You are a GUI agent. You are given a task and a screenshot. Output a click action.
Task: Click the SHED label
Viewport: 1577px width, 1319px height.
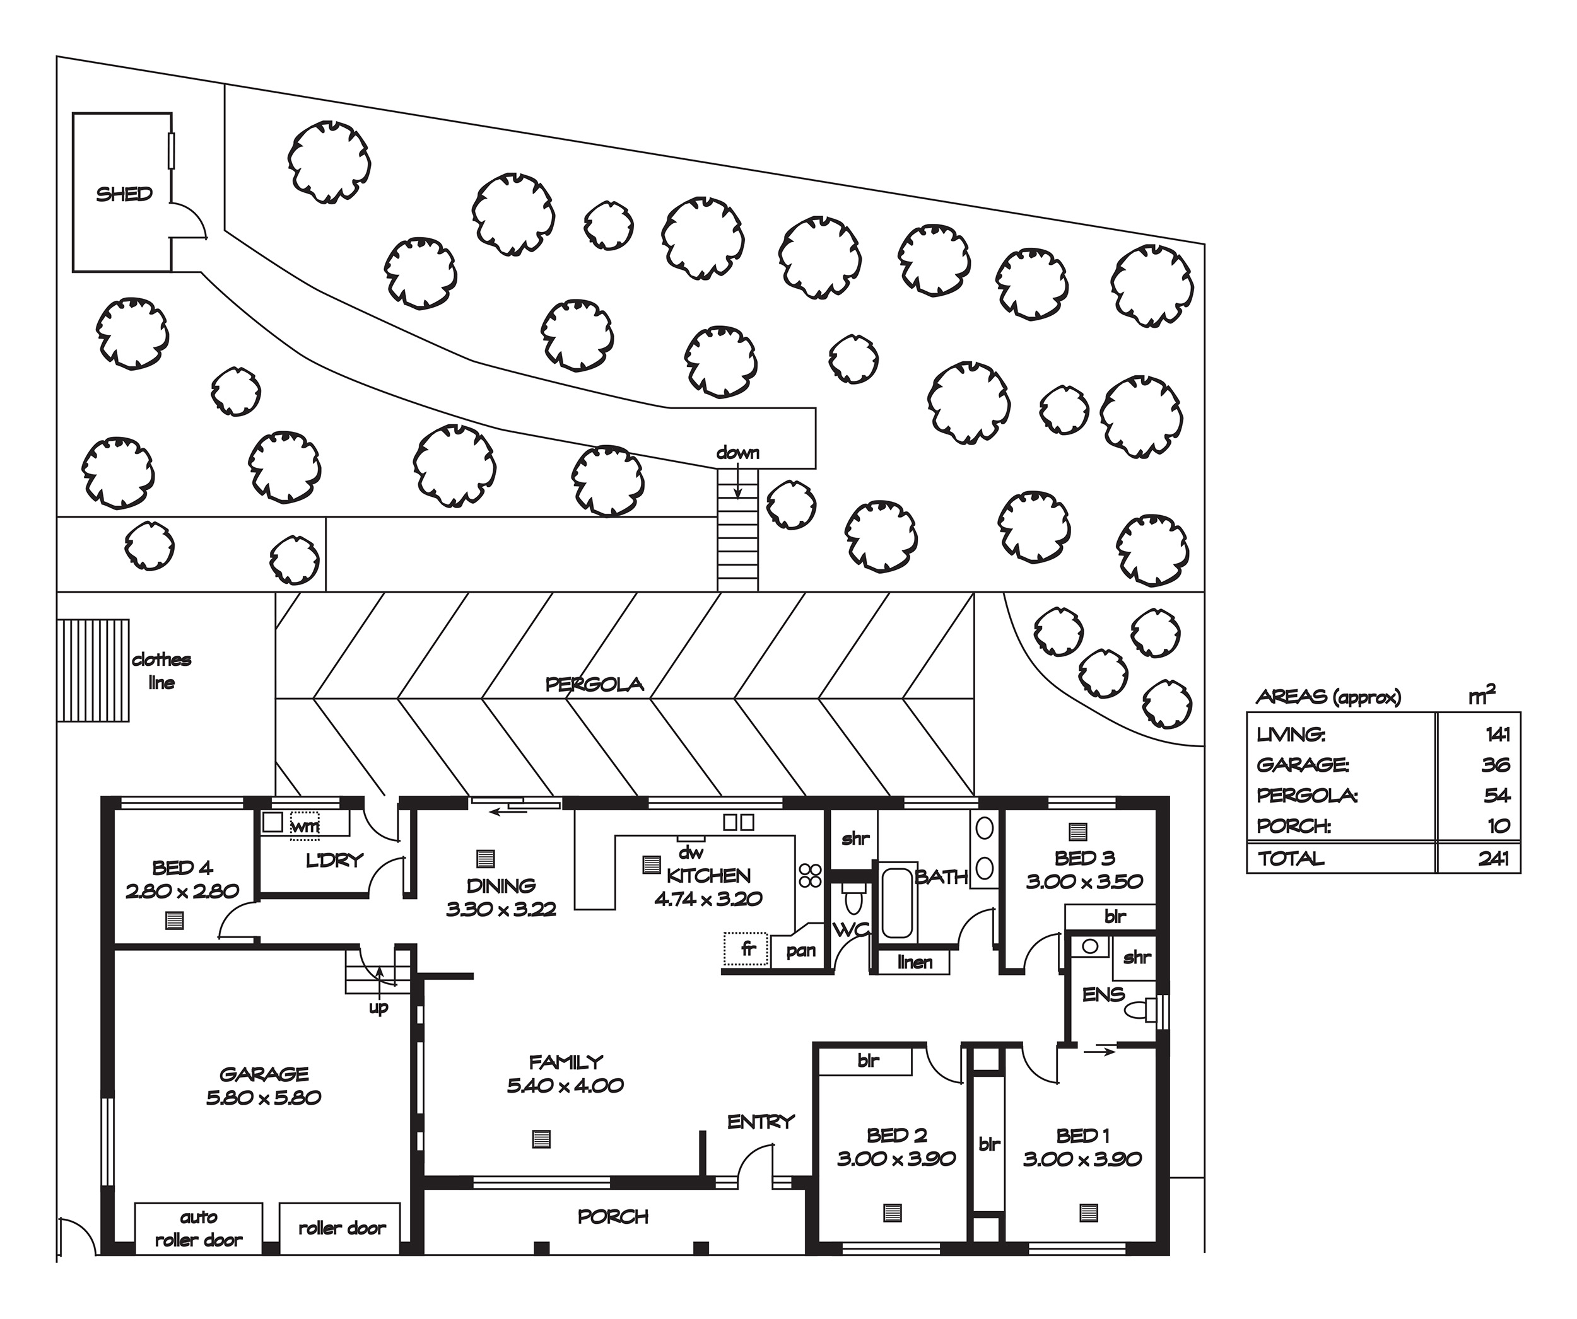pos(124,194)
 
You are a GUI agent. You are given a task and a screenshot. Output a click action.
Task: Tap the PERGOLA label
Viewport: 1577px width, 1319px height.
pos(594,685)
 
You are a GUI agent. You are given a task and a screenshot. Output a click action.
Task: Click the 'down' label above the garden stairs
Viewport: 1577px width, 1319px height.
pos(737,453)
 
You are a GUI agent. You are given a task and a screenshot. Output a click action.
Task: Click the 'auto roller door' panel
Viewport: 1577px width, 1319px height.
pos(199,1228)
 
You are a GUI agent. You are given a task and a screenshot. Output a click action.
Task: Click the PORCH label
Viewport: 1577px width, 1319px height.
pos(613,1217)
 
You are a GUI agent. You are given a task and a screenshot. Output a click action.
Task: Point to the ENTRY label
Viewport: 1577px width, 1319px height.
pos(761,1122)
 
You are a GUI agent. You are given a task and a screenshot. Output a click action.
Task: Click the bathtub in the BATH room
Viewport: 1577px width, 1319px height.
pos(898,903)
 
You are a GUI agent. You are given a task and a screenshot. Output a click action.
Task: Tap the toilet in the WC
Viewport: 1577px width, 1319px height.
pos(854,899)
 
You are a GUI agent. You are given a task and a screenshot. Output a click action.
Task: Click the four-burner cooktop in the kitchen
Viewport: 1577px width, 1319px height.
pos(811,875)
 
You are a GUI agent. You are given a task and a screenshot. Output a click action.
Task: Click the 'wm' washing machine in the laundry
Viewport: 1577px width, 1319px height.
pos(305,825)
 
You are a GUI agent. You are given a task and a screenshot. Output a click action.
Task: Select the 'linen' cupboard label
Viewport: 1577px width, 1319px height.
pos(915,962)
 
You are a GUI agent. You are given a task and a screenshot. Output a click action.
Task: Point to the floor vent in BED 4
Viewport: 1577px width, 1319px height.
pos(174,921)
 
